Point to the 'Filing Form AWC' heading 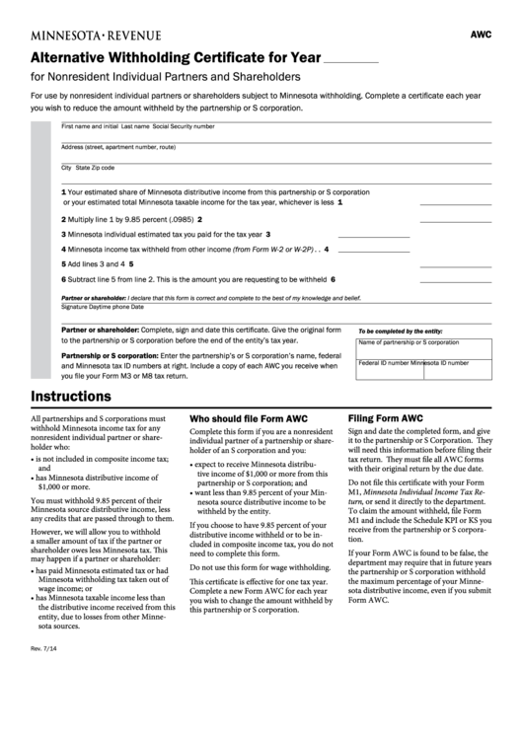385,418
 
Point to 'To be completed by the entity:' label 400,332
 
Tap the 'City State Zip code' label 88,168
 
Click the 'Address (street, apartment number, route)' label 118,147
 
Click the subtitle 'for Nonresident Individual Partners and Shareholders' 166,77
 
